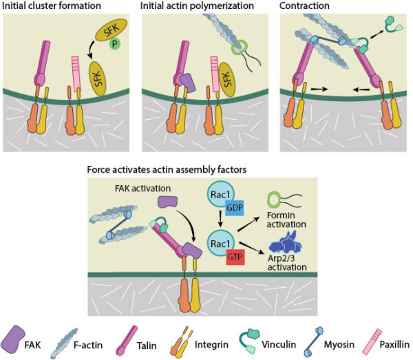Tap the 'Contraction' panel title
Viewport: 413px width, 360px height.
click(307, 6)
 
